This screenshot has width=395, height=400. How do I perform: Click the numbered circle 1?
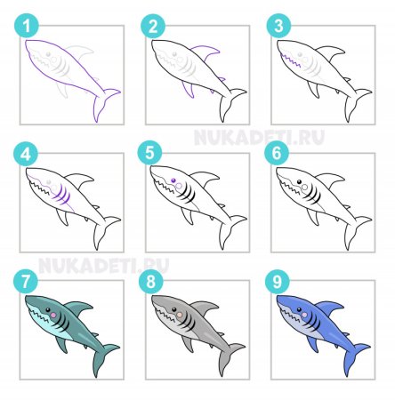(27, 26)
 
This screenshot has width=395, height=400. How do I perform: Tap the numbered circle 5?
(149, 154)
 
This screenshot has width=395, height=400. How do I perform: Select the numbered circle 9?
(277, 281)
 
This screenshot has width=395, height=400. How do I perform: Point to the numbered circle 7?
(26, 281)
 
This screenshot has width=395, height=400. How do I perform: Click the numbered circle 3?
(278, 26)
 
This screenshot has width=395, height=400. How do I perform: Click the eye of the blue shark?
(299, 309)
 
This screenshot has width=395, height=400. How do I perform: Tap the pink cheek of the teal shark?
(53, 316)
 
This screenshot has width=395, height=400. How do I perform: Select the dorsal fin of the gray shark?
(204, 308)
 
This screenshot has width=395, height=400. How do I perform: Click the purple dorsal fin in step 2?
(206, 52)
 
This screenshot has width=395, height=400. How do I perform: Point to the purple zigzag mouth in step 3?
(291, 60)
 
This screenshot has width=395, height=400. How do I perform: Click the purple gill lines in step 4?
(63, 195)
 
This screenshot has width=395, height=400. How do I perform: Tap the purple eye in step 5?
(173, 180)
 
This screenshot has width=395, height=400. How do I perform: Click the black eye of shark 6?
(299, 181)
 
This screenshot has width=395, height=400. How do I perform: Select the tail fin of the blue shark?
(355, 358)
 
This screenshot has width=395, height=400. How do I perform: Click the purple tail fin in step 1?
(105, 104)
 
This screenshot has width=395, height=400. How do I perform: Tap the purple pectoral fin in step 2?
(188, 89)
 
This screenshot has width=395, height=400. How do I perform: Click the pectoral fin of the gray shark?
(188, 344)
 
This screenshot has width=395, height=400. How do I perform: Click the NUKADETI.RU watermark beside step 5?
(259, 137)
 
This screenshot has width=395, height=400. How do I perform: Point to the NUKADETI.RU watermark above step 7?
(104, 265)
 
